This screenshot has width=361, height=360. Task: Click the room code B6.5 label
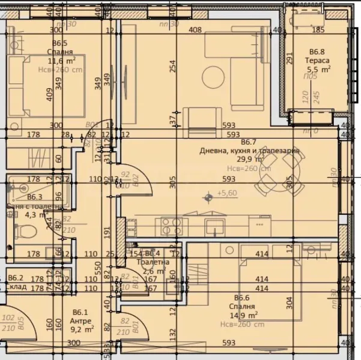click(x=59, y=43)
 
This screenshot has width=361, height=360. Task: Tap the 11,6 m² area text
click(x=61, y=60)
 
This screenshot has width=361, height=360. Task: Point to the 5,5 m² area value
click(x=320, y=69)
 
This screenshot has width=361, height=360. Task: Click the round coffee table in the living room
click(x=213, y=76)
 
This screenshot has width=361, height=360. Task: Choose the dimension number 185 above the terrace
click(x=318, y=30)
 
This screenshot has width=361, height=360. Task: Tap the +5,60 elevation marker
click(x=226, y=193)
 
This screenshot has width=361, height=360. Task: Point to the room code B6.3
click(x=34, y=197)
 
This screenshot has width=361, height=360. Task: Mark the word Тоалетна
click(x=153, y=262)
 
